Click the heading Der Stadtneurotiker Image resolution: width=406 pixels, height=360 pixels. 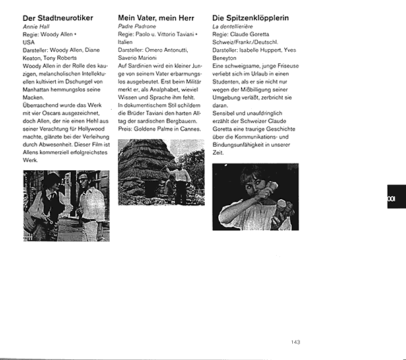[57, 17]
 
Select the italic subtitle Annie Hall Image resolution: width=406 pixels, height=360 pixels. [36, 26]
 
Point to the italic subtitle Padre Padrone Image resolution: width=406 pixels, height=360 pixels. [137, 26]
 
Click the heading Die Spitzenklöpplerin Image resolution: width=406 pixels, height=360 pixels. [250, 17]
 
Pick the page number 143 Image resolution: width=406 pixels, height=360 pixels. [296, 342]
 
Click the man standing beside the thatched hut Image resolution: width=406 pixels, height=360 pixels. [180, 183]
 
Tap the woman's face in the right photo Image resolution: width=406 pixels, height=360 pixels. [261, 186]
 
